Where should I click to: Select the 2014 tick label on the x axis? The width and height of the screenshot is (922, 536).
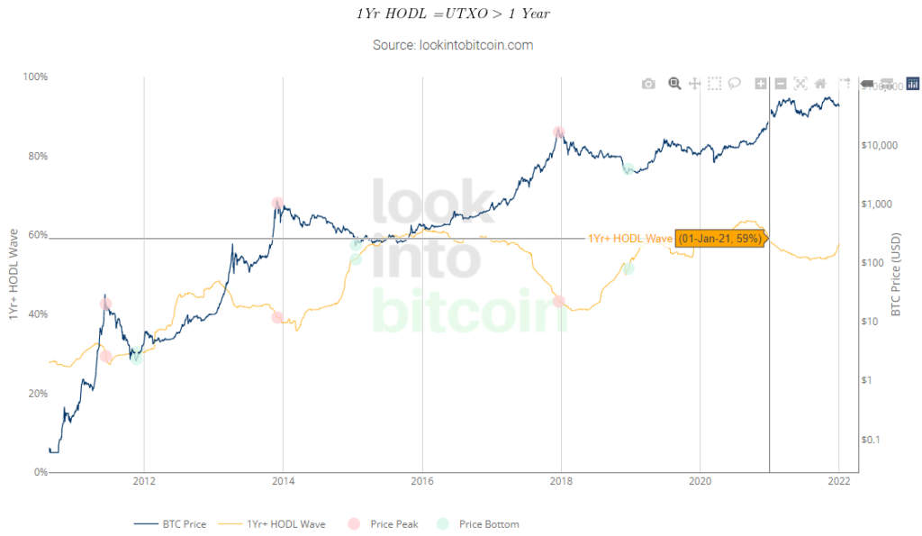pos(283,481)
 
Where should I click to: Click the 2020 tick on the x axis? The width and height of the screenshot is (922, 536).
pos(700,481)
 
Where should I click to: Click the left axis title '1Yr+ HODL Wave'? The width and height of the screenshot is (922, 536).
pos(14,275)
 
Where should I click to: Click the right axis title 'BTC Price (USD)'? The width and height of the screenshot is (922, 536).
pos(896,275)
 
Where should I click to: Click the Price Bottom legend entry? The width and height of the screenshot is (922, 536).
pos(481,523)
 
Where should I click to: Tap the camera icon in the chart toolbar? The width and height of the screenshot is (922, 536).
pos(648,84)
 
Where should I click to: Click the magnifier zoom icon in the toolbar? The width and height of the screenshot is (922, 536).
pos(673,84)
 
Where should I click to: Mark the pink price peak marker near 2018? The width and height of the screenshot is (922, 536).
pos(559,132)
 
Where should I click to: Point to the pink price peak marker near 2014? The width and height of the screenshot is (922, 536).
pos(277,204)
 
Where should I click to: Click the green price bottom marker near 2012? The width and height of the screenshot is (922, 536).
pos(136,359)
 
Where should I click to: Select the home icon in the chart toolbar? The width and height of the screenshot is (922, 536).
pos(820,84)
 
